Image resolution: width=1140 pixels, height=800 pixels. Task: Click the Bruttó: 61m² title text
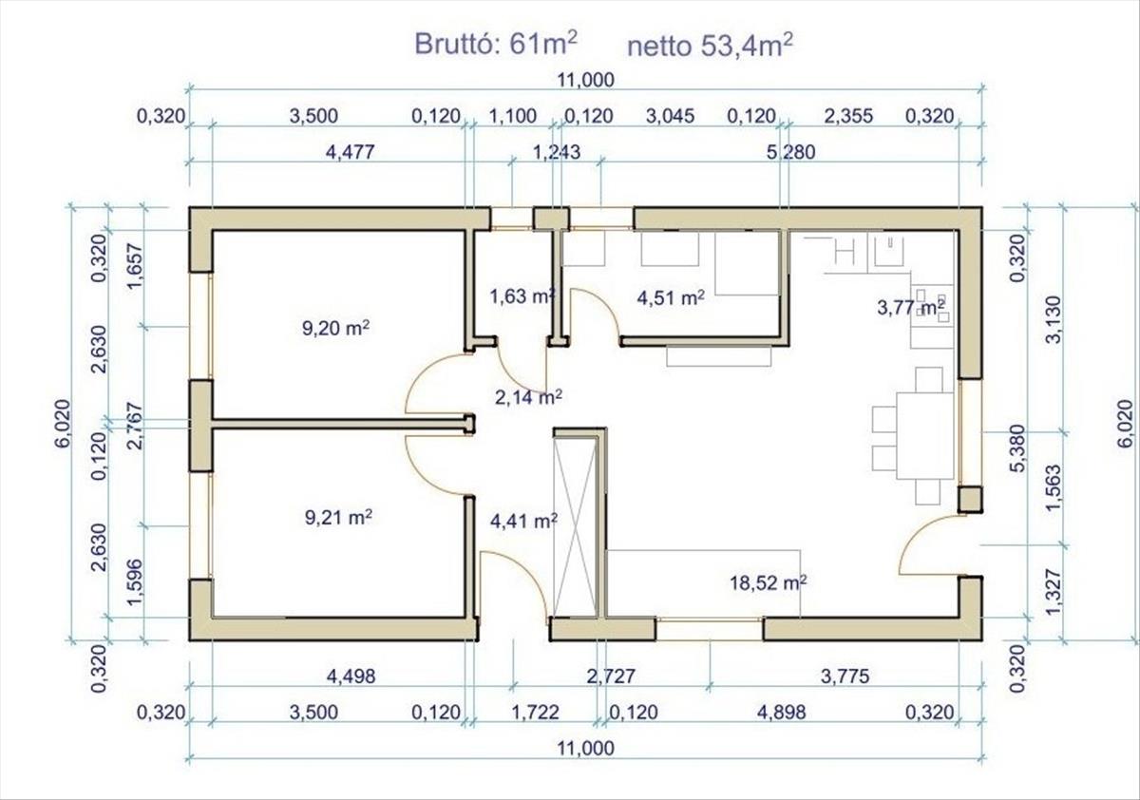pos(496,44)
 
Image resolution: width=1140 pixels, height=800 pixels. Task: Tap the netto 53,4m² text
pos(710,46)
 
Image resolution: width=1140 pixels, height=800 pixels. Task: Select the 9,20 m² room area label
pos(336,328)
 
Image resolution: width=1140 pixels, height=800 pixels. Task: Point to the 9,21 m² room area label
pos(338,518)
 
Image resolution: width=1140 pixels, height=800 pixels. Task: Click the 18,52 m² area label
pos(769,582)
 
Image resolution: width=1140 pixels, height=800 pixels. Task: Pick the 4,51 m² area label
pos(671,297)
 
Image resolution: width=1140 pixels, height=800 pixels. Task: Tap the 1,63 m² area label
pos(522,296)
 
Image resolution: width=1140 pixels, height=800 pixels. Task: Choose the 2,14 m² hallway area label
pos(528,397)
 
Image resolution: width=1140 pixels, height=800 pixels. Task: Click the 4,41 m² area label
pos(523,521)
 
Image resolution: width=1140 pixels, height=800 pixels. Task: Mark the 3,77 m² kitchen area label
pos(911,308)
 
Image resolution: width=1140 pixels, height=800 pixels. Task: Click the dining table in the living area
pos(924,435)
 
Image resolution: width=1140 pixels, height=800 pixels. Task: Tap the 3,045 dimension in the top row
pos(670,116)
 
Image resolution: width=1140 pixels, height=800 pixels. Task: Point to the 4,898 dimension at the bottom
pos(781,713)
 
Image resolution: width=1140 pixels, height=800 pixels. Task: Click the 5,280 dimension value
pos(790,152)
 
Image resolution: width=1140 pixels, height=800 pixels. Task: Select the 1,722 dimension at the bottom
pos(535,713)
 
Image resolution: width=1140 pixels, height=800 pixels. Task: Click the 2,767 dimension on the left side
pos(135,426)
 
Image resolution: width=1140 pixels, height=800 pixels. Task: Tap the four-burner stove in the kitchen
pos(932,306)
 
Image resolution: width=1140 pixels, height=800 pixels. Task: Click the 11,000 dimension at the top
pos(586,80)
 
